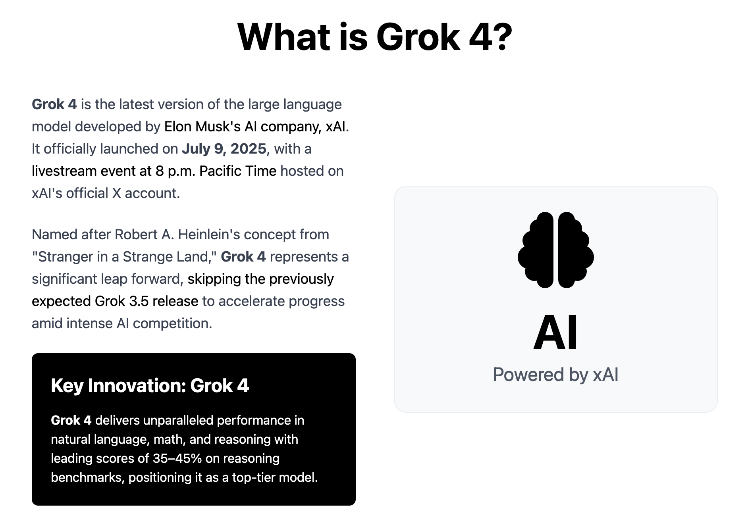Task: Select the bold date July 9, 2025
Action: click(x=224, y=149)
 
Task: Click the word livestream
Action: click(x=64, y=171)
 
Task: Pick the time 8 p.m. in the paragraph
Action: click(x=175, y=171)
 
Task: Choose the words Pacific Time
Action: click(x=237, y=171)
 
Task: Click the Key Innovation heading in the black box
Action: click(x=150, y=385)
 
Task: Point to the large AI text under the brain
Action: click(x=555, y=333)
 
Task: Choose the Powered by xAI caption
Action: click(x=555, y=375)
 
